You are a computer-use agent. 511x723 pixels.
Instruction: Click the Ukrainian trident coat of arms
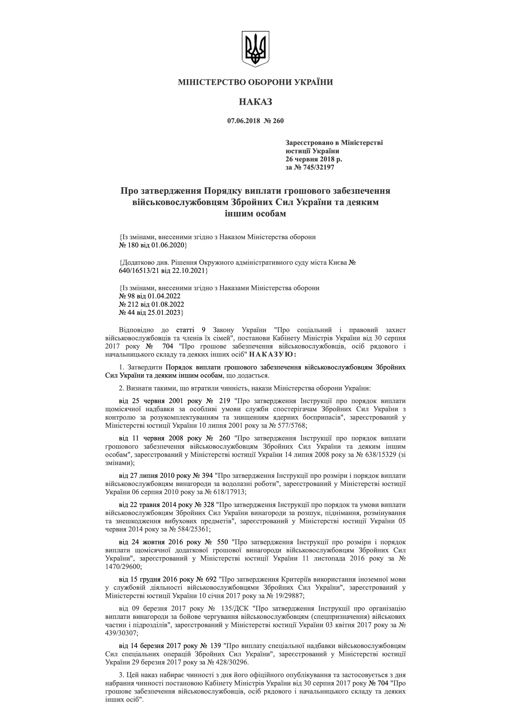255,49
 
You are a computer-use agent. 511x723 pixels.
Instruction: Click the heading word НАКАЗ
255,102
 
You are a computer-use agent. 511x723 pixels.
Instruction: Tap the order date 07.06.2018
242,121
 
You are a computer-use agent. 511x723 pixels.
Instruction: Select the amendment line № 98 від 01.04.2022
150,296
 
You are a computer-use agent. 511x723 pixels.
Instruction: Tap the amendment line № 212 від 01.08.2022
152,305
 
